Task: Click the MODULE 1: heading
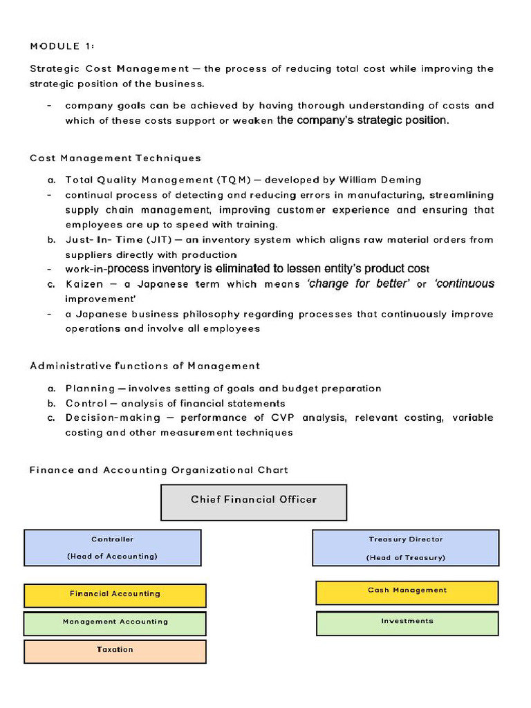pos(62,46)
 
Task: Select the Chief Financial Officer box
pos(254,502)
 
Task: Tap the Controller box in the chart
pos(113,548)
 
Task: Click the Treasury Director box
pos(405,548)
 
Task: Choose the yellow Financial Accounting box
pos(115,595)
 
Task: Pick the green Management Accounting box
pos(115,622)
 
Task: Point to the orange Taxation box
pos(115,651)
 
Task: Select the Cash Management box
pos(407,592)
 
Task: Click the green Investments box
pos(407,622)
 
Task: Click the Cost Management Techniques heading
pos(115,158)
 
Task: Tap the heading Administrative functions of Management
pos(145,366)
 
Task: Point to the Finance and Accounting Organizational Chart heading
pos(158,470)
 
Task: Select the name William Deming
pos(380,180)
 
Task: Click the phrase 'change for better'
pos(358,284)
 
